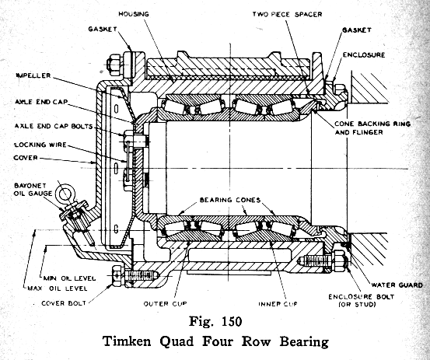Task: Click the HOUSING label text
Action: [x=134, y=14]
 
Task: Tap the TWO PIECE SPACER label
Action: [x=287, y=14]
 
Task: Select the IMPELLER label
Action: [x=33, y=75]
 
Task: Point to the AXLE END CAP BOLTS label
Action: [x=54, y=126]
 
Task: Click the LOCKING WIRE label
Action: [x=40, y=145]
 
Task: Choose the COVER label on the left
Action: [x=26, y=158]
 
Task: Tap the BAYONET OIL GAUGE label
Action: [x=33, y=190]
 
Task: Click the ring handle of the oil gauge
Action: [x=65, y=194]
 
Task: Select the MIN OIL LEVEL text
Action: [x=70, y=278]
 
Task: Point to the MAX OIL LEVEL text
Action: [x=58, y=288]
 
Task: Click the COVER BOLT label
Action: [x=64, y=303]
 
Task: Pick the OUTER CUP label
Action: [x=165, y=304]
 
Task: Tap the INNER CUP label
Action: [x=278, y=304]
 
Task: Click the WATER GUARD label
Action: [x=397, y=285]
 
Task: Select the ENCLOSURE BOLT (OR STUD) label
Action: [x=361, y=300]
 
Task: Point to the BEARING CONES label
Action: [x=230, y=200]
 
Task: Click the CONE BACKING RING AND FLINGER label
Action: [x=372, y=128]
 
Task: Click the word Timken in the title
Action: [x=127, y=341]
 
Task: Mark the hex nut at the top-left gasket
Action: [x=114, y=65]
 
